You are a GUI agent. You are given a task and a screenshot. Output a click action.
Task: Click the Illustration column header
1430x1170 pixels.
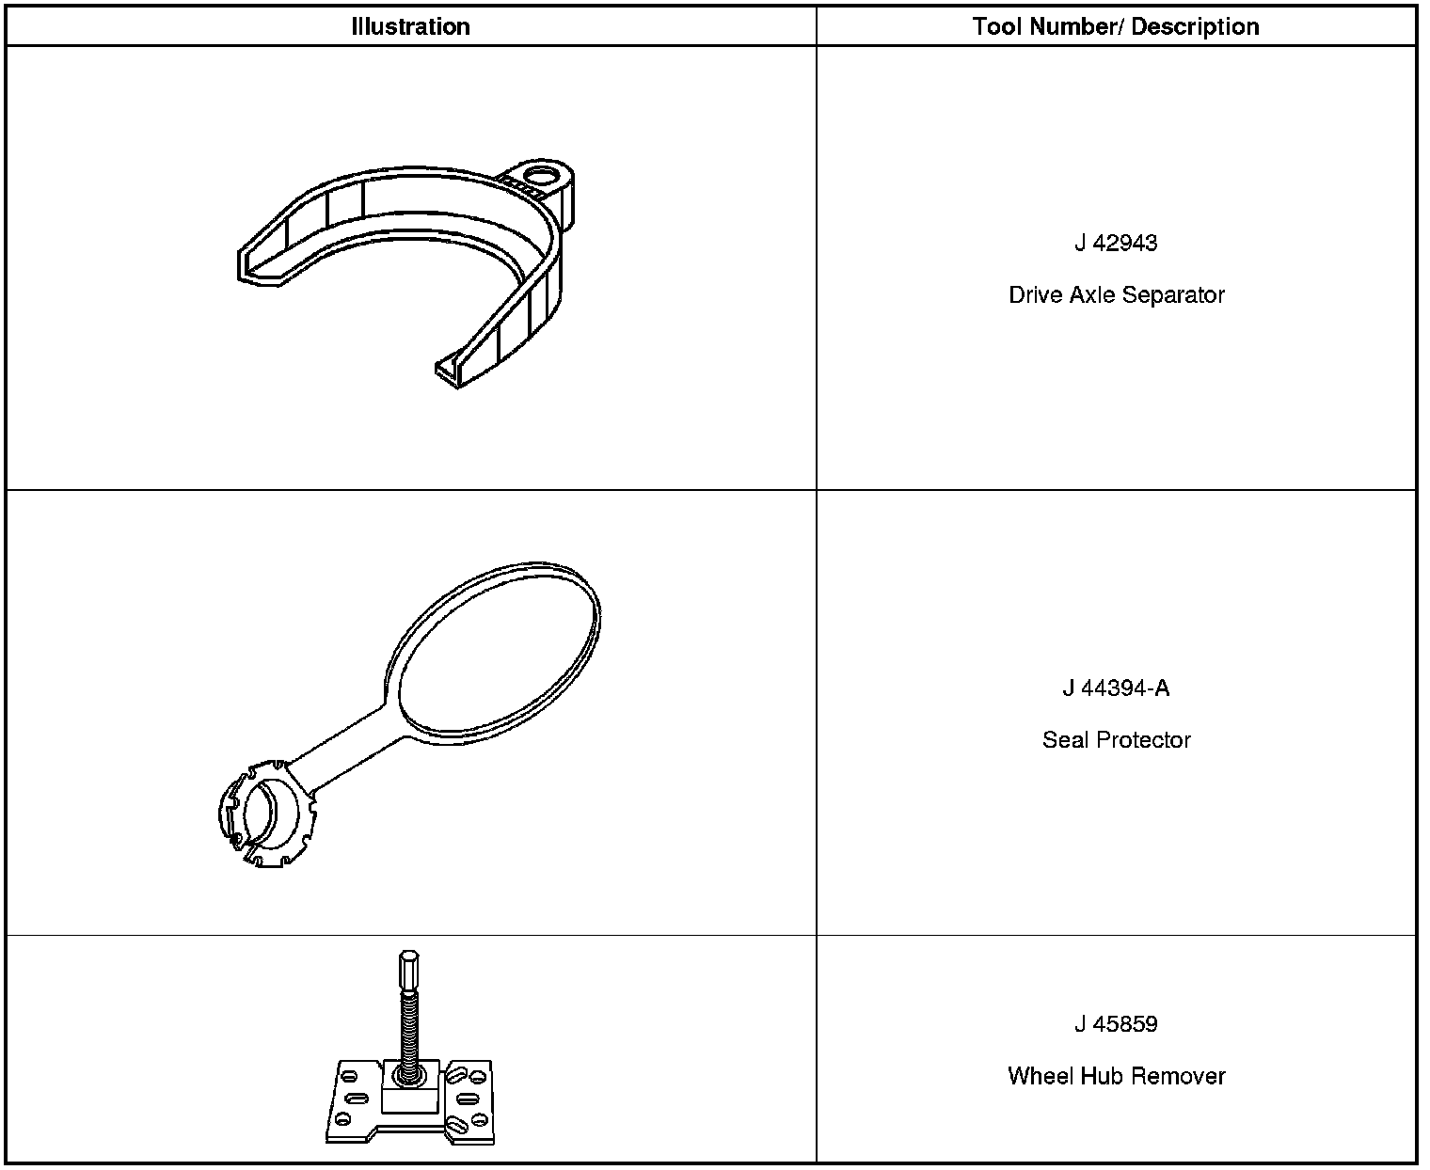tap(410, 26)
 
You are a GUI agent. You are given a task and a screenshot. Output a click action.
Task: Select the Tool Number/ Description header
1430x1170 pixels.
tap(1116, 26)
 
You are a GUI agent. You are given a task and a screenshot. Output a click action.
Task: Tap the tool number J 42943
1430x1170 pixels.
tap(1116, 243)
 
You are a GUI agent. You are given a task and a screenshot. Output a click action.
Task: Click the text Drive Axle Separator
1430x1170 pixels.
tap(1116, 295)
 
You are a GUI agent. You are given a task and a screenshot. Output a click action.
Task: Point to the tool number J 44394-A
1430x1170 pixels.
tap(1116, 688)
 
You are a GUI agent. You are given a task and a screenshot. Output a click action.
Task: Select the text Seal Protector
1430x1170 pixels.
tap(1116, 740)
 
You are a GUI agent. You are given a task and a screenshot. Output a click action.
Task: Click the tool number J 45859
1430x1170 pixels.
tap(1116, 1024)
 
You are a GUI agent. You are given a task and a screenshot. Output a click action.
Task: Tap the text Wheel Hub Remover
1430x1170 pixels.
tap(1116, 1076)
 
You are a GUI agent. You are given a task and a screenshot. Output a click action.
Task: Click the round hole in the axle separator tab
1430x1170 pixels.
tap(542, 175)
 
